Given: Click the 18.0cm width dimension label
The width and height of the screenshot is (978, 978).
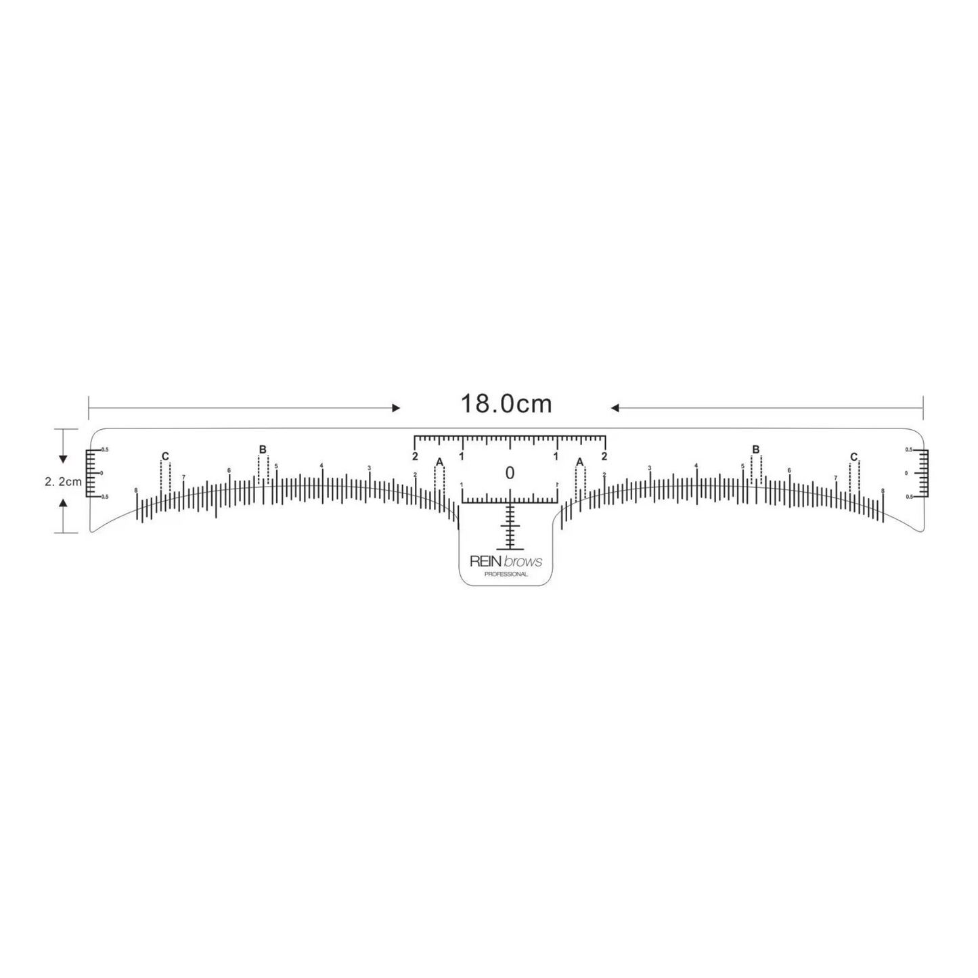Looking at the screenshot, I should point(506,404).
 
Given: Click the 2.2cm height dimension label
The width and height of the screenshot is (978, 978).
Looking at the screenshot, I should point(63,482).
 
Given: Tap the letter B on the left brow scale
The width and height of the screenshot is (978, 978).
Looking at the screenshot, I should point(263,449).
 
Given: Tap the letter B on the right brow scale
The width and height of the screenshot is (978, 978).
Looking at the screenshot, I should point(756,449).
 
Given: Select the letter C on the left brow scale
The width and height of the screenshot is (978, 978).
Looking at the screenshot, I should point(165,456).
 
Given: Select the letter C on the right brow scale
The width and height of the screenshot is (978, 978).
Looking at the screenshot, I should point(853,457).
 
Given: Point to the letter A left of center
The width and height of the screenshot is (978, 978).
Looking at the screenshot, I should point(439,462).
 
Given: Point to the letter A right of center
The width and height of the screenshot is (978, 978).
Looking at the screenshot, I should point(579,462).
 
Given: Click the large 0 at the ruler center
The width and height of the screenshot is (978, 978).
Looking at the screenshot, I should point(510,473).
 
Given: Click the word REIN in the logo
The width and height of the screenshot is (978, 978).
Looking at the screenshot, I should point(485,561).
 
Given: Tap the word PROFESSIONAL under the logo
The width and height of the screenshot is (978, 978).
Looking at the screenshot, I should point(506,574).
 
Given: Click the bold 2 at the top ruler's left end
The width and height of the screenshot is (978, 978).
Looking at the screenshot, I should point(415,456).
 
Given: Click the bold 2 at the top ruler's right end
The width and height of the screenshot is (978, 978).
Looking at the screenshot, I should point(604,456).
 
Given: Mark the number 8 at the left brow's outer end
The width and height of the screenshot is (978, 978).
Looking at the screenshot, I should point(136,489).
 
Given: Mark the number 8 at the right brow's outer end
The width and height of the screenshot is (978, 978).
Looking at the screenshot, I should point(883,490).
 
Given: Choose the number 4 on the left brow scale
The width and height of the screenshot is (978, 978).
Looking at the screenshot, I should point(321,465).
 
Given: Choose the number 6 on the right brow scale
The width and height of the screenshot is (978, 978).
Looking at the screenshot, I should point(788,470).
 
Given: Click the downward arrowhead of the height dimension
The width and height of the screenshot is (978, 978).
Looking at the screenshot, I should point(63,459).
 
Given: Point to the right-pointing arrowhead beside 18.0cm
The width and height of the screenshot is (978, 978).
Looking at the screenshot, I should point(396,408).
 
